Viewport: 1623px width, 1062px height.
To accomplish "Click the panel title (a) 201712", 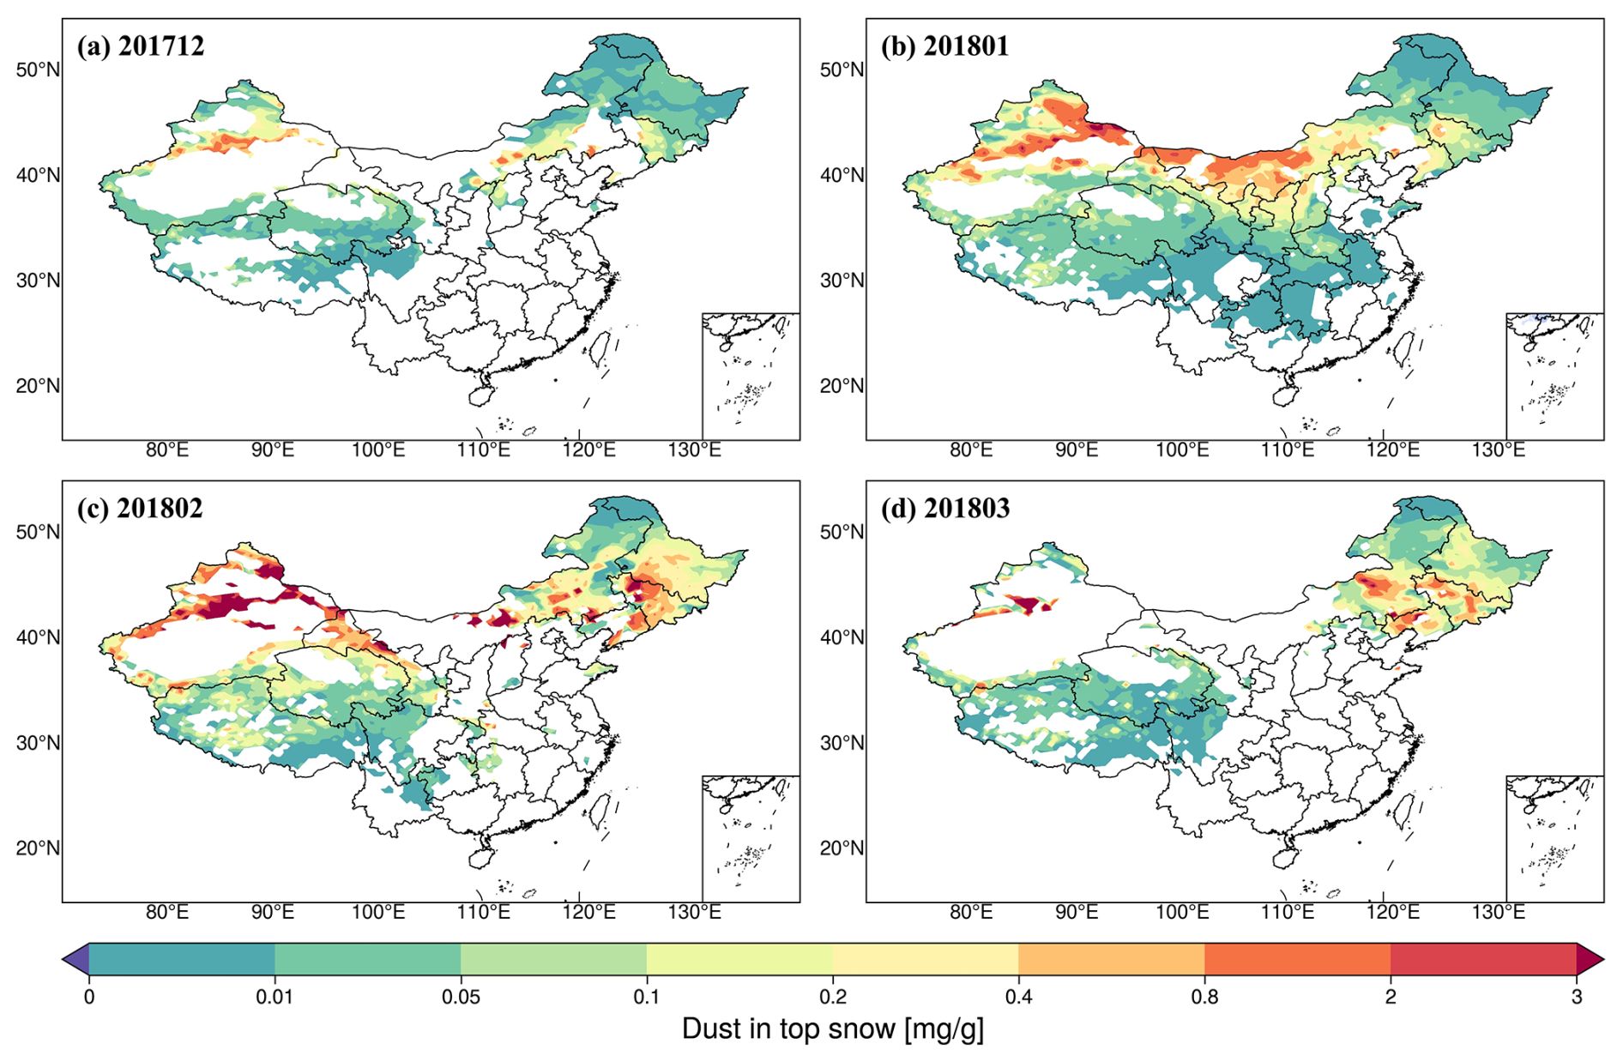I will point(141,45).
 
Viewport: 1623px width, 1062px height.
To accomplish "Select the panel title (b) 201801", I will point(944,45).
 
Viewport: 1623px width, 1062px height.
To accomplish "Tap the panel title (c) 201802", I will point(140,508).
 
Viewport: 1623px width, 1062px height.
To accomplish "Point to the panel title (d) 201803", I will point(944,508).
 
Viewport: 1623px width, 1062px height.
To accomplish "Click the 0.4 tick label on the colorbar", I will point(1018,997).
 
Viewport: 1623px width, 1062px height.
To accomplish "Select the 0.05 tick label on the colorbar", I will point(461,997).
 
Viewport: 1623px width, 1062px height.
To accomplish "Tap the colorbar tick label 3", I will point(1576,997).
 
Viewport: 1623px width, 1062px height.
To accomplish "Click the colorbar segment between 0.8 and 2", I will point(1297,959).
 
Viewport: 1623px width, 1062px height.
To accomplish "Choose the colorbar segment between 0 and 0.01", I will point(182,959).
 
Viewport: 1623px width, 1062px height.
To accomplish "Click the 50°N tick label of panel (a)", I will point(38,69).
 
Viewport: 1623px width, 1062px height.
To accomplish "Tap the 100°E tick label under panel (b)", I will point(1182,450).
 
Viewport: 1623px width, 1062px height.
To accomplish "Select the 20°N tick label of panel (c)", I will point(38,848).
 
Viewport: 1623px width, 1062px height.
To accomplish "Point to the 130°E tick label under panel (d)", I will point(1498,912).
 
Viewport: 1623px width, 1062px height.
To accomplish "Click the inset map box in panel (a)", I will point(751,377).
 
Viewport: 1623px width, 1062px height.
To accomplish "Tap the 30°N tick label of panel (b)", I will point(842,281).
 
